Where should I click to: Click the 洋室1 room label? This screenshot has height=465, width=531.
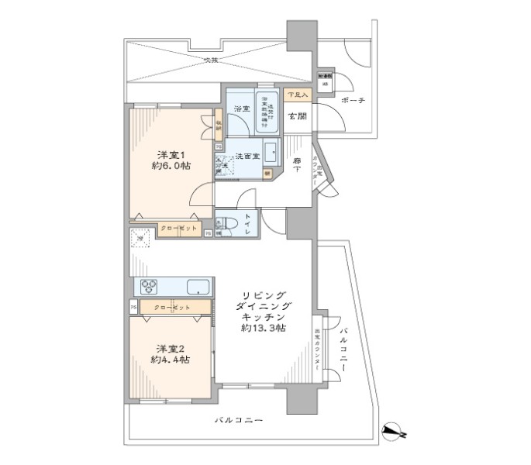167,153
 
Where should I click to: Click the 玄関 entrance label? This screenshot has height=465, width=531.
298,118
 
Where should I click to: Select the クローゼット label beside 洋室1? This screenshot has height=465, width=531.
179,229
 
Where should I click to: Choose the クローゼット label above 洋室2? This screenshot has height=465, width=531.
171,308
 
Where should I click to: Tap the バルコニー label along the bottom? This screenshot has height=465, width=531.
239,420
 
